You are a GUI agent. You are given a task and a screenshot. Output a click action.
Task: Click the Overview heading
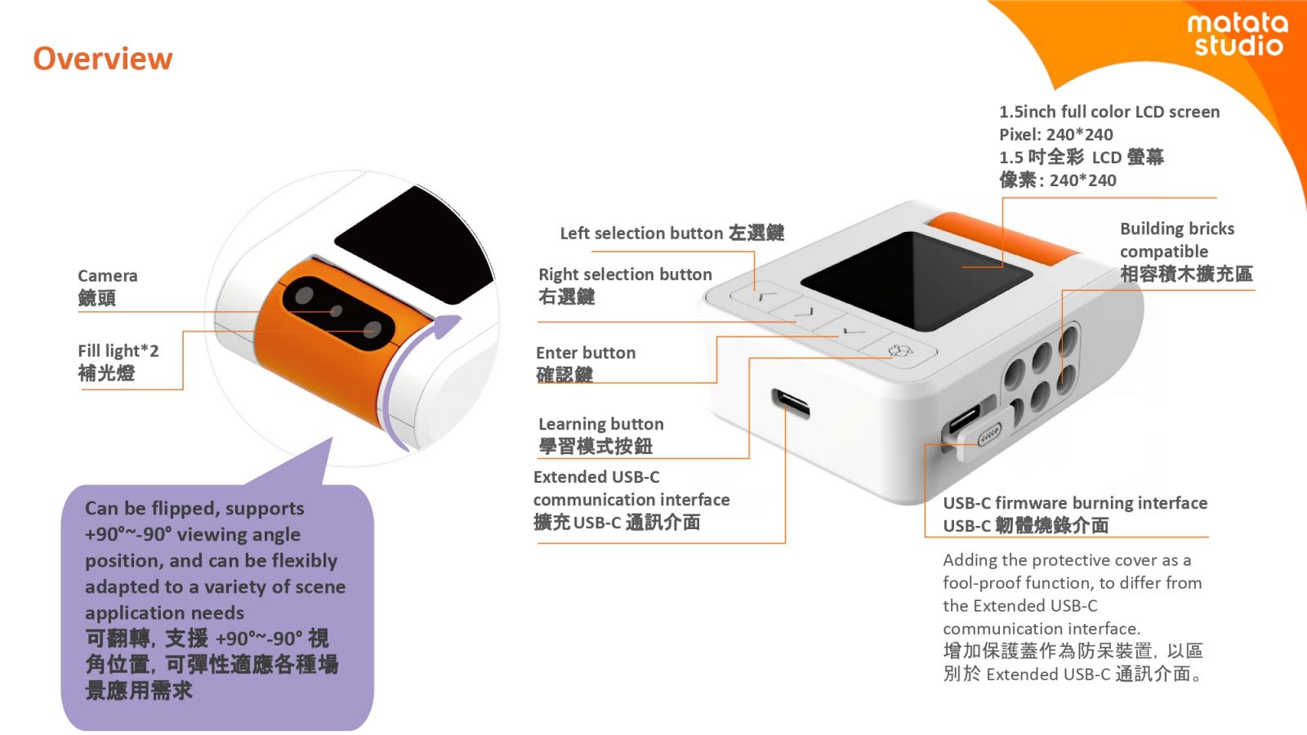(x=103, y=59)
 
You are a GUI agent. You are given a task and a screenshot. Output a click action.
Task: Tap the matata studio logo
(x=1238, y=34)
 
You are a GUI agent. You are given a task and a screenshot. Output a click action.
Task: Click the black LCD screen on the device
(x=916, y=280)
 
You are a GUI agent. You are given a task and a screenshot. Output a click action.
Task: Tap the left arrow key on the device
(x=765, y=296)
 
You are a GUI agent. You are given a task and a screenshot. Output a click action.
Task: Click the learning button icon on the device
(x=899, y=350)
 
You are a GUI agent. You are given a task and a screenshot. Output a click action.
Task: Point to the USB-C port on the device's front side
(x=790, y=403)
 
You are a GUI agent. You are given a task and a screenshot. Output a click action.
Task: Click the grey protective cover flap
(x=985, y=434)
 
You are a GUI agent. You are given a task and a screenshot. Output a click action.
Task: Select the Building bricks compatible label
(x=1185, y=252)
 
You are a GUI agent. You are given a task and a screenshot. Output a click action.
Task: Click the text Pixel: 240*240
(x=1056, y=135)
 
